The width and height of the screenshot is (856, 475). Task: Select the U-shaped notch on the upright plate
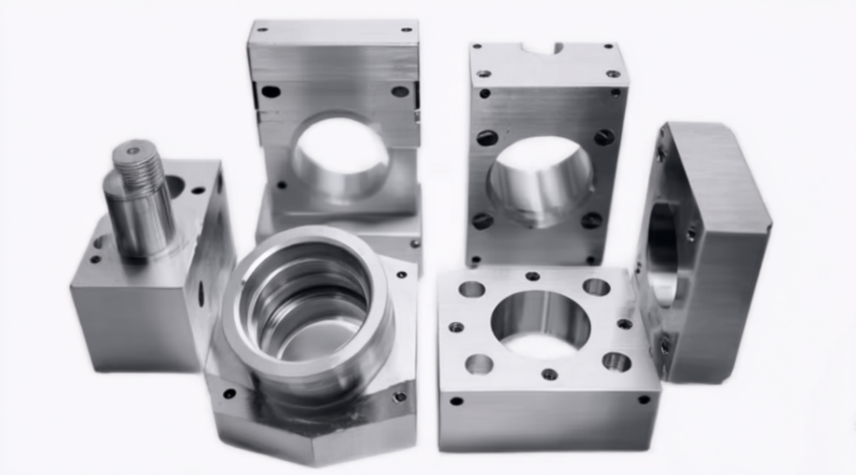point(542,47)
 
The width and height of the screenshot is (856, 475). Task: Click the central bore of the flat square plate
point(540,322)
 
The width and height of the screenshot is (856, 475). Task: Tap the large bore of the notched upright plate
point(540,176)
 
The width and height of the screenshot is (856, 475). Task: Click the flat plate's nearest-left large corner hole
point(478,364)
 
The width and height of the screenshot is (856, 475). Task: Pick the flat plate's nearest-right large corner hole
point(615,361)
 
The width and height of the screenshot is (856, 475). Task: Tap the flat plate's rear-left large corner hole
point(472,289)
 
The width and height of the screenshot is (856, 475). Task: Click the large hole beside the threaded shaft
point(173,185)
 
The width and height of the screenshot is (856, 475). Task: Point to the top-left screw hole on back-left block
point(270,91)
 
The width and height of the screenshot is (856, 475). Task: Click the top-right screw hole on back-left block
point(400,91)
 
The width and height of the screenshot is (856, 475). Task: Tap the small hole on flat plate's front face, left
point(456,401)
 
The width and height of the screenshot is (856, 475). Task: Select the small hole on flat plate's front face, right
point(643,400)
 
